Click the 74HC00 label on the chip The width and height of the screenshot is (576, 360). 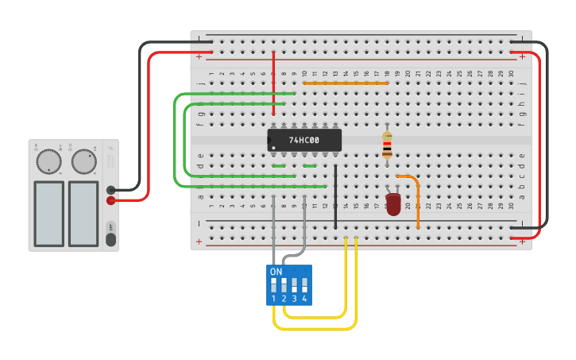pos(303,141)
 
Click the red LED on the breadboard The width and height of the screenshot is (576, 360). pos(393,204)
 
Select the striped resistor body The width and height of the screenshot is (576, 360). pos(387,145)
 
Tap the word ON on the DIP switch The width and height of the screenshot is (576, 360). pos(276,272)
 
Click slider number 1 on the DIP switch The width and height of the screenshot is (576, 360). pos(274,285)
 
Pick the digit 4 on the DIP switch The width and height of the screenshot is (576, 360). pos(304,299)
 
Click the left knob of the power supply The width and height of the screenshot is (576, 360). pos(48,162)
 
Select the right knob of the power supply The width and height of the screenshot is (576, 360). pos(83,162)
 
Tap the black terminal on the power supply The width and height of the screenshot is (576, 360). pos(111,190)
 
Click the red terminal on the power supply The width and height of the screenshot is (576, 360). pos(111,200)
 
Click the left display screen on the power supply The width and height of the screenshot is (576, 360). pos(48,213)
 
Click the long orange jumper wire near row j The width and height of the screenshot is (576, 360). pos(346,83)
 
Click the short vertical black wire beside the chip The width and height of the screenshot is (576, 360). pos(335,196)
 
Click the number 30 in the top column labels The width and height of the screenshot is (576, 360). pos(511,74)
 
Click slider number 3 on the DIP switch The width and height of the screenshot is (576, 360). pos(295,285)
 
